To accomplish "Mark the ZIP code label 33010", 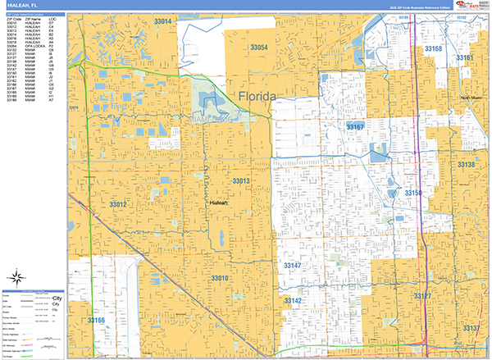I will [x=220, y=279].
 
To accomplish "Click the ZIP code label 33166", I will [x=97, y=320].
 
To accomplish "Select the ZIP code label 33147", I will [x=293, y=267].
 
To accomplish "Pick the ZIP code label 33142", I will [x=293, y=301].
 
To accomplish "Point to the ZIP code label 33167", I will [x=354, y=127].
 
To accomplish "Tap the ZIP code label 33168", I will [x=433, y=49].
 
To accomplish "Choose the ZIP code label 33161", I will [x=465, y=58].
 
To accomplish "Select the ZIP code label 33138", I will [x=466, y=165].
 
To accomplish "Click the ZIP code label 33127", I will [x=421, y=295].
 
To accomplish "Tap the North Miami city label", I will [x=472, y=97].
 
